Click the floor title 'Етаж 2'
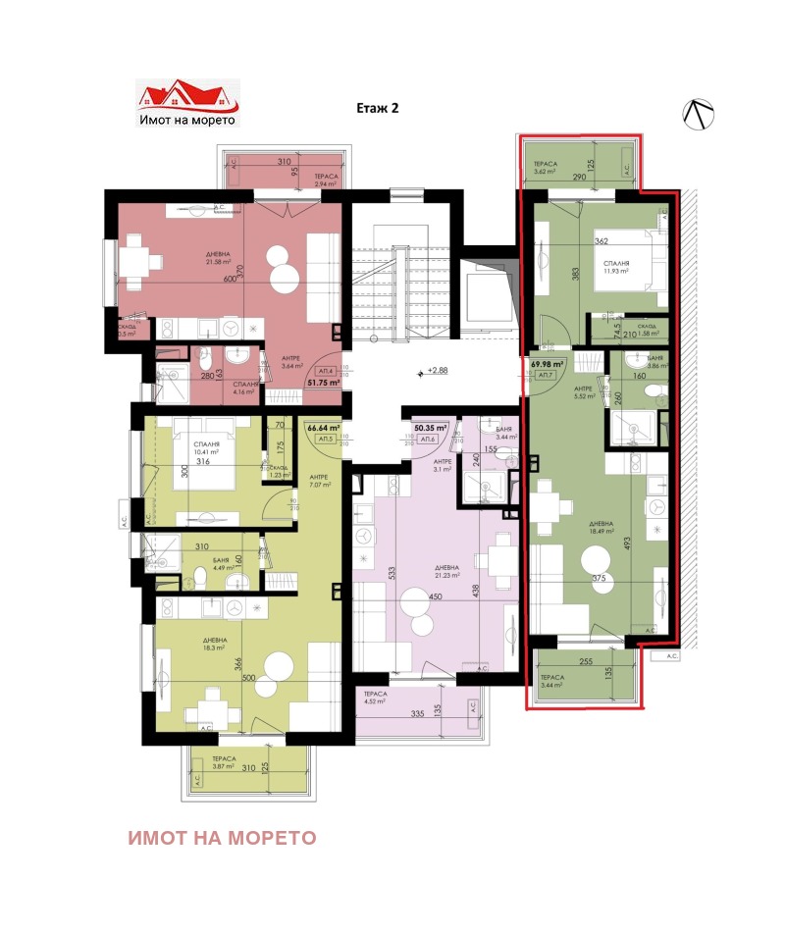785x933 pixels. (377, 110)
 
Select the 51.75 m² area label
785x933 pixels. (323, 383)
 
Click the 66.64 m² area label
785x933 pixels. (322, 428)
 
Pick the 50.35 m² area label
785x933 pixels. (430, 429)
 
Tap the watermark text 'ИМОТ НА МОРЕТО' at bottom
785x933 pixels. (222, 838)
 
